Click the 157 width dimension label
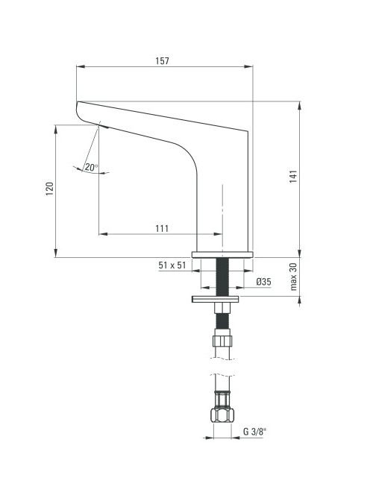162,60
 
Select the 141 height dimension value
293,177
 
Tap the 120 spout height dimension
50,189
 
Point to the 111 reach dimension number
162,228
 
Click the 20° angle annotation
91,167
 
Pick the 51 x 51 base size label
172,265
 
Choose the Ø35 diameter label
263,281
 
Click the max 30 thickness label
293,277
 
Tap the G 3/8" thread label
254,431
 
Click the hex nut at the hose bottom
222,414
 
